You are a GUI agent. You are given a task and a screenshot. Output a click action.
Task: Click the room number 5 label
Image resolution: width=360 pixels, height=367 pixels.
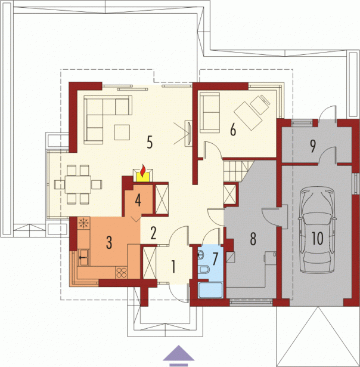coord(150,142)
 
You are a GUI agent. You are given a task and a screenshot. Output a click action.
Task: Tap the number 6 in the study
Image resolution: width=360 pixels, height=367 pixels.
coord(233,129)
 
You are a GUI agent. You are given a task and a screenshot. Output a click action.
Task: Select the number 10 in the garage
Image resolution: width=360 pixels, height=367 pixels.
coord(318,239)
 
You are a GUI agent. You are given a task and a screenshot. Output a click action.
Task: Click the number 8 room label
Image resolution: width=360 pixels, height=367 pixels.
coord(253,239)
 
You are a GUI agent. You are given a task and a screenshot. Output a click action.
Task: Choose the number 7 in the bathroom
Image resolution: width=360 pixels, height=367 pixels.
coord(215,259)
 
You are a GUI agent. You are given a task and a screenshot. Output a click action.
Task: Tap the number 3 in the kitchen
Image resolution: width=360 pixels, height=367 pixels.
coord(109,242)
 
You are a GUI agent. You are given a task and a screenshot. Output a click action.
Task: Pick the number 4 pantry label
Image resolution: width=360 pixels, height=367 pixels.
coord(138,201)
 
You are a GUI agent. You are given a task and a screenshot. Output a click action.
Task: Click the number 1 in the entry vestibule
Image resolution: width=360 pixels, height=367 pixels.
coord(173,267)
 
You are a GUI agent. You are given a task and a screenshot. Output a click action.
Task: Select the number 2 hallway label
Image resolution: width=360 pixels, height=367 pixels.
coord(153,233)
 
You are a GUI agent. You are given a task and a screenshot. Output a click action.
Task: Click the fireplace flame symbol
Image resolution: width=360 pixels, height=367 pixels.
coord(143,171)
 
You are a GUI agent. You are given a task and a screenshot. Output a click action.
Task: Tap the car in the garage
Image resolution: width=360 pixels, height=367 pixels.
coord(317,230)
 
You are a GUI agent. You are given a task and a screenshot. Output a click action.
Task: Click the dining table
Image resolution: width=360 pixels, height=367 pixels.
coord(78,184)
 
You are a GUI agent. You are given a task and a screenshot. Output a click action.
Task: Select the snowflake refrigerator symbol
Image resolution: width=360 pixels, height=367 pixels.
coord(83,223)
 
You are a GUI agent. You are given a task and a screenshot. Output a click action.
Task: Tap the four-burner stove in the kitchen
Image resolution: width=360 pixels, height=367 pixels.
coord(122,273)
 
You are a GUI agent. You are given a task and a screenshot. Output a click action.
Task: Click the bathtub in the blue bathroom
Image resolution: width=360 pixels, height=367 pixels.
coord(210,290)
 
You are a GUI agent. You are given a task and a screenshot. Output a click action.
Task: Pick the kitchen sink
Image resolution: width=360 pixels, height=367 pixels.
coord(83,257)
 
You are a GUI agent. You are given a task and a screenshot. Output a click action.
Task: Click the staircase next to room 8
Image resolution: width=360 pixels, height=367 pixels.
coord(237,171)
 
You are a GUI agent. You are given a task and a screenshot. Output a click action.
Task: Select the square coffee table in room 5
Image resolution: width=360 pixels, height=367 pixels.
coord(122,132)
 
